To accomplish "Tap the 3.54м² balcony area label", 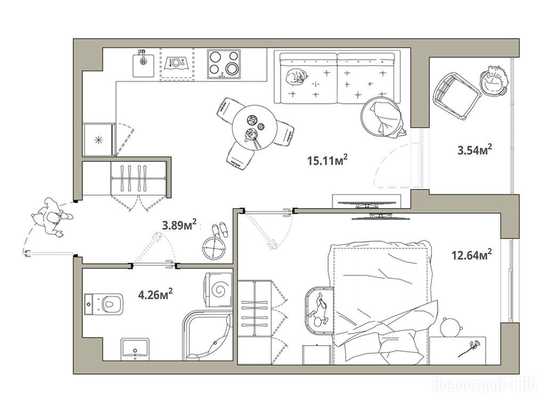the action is coord(474,150).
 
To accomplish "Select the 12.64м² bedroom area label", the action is coord(472,255).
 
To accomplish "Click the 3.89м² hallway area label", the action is coord(179,225).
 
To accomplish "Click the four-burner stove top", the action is coord(224,64).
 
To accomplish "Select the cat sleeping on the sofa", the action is coord(296,76).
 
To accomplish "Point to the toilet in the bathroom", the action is coord(104,304).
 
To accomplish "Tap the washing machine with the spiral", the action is coord(219,289).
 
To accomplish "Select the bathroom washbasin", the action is coord(135,349).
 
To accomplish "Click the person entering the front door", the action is coord(52,218).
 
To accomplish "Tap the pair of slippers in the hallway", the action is coord(220,230).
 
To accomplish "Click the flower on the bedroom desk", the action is coord(470,348).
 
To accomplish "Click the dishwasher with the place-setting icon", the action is coord(177,64).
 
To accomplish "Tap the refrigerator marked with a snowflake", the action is coord(99,140).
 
